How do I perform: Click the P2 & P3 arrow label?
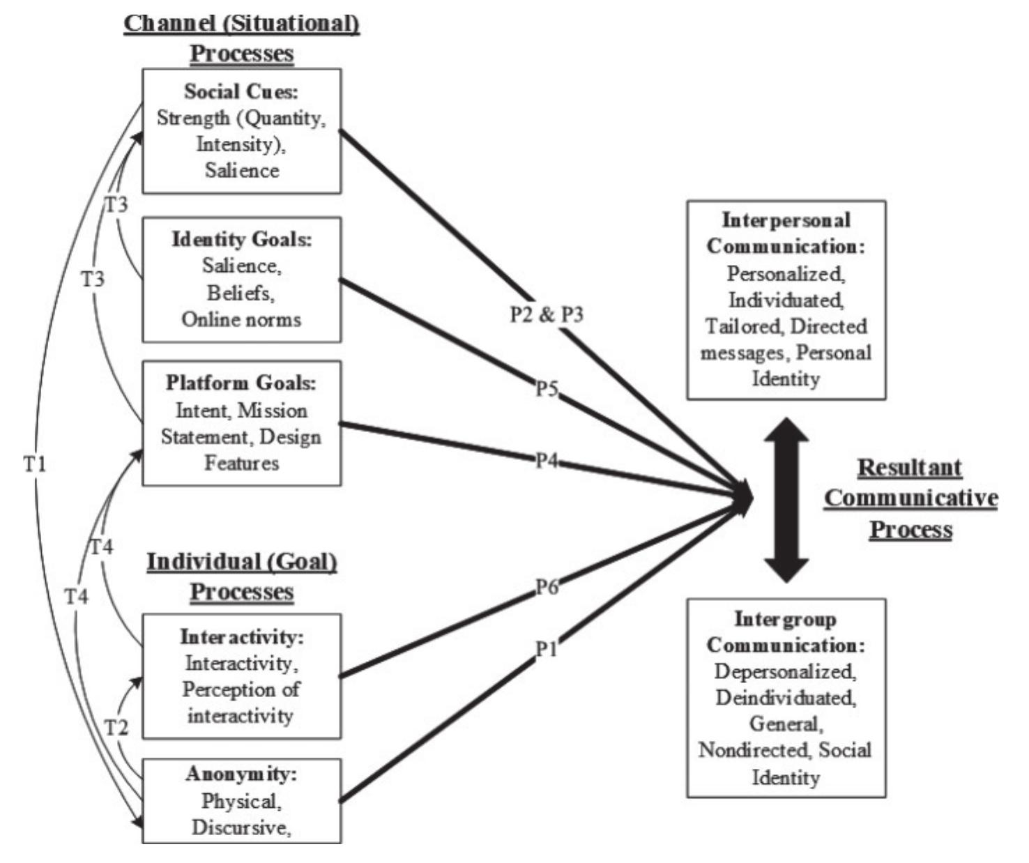[547, 314]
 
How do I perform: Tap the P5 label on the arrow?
[547, 388]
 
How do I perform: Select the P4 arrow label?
[547, 461]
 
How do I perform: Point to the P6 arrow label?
[547, 588]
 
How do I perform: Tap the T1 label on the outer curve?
[35, 464]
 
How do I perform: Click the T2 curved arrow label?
[116, 728]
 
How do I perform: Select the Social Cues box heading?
[241, 91]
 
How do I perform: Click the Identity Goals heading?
[242, 239]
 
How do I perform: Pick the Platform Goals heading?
[241, 383]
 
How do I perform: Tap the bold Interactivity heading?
[242, 636]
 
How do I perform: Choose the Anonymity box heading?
[241, 774]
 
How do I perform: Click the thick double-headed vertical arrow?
[786, 499]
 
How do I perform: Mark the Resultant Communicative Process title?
[910, 498]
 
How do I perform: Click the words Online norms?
[241, 319]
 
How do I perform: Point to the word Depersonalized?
[786, 671]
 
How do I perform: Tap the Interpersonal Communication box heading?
[786, 233]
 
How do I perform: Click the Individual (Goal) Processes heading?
[241, 576]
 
